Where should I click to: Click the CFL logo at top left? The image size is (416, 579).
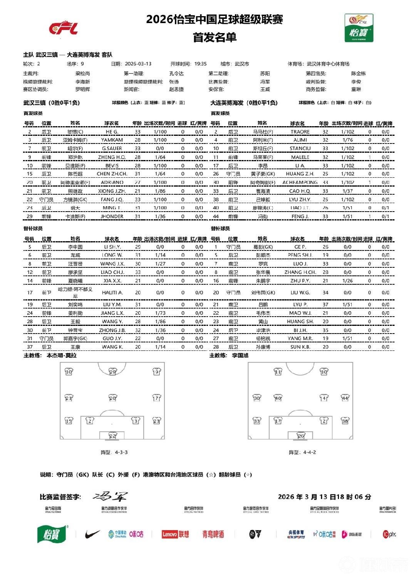[63, 28]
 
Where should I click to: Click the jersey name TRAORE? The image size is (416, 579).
[300, 132]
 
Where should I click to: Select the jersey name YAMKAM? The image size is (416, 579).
[112, 140]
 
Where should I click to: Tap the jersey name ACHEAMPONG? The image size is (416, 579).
[300, 182]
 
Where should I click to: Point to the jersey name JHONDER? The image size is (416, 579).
[112, 216]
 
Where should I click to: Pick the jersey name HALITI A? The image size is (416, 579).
[112, 292]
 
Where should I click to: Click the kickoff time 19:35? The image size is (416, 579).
[200, 64]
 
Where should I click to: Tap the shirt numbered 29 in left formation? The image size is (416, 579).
[112, 372]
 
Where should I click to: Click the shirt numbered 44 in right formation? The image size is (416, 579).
[345, 398]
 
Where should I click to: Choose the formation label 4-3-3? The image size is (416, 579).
[121, 452]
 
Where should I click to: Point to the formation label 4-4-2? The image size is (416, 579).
[309, 452]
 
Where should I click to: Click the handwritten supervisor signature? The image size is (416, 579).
[110, 496]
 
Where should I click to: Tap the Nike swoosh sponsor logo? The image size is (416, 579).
[92, 534]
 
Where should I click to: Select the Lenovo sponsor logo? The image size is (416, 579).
[175, 534]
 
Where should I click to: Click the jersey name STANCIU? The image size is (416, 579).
[300, 149]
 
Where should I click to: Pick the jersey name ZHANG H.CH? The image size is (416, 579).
[300, 272]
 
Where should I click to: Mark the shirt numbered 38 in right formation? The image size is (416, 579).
[345, 421]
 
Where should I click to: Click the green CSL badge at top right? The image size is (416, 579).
[359, 28]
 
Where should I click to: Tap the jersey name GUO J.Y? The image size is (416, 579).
[112, 339]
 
